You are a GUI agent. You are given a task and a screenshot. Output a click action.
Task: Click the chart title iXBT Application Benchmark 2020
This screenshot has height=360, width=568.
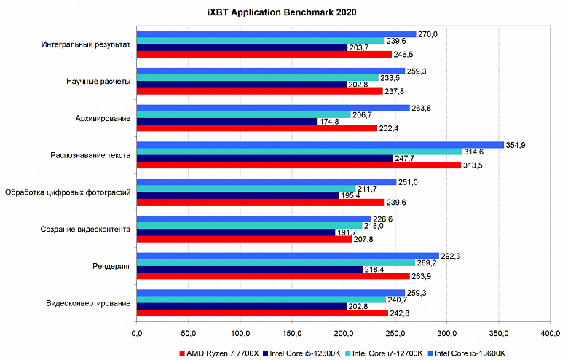[283, 12]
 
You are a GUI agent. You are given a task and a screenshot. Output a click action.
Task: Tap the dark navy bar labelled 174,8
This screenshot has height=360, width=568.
[227, 121]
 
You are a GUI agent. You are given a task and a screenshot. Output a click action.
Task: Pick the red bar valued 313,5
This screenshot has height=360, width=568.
[299, 165]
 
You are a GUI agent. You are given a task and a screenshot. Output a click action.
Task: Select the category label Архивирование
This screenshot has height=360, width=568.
[103, 118]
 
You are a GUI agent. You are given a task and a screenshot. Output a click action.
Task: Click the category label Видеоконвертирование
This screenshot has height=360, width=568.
[88, 303]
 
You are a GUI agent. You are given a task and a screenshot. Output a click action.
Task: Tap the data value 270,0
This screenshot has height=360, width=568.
[427, 34]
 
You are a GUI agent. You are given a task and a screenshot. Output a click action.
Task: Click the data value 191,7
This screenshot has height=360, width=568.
[346, 232]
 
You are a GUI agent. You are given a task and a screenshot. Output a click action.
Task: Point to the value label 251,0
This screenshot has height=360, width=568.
[407, 181]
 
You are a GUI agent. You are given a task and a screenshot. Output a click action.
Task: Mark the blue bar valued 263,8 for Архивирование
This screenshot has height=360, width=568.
[273, 108]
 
